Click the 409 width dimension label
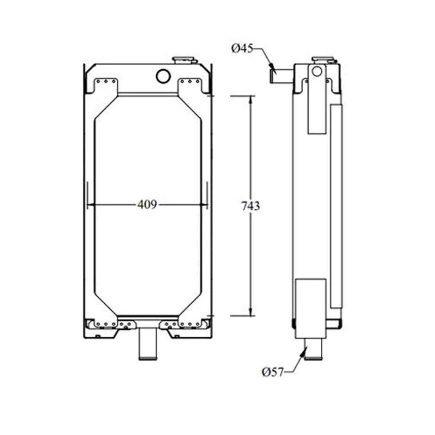pyautogui.click(x=147, y=205)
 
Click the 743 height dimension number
pyautogui.click(x=250, y=206)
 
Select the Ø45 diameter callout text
pyautogui.click(x=242, y=48)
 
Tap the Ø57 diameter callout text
pyautogui.click(x=273, y=372)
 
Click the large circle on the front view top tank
pyautogui.click(x=163, y=76)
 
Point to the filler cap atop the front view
pyautogui.click(x=184, y=60)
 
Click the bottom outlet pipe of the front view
pyautogui.click(x=148, y=344)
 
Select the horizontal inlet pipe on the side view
pyautogui.click(x=281, y=76)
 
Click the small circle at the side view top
pyautogui.click(x=317, y=71)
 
